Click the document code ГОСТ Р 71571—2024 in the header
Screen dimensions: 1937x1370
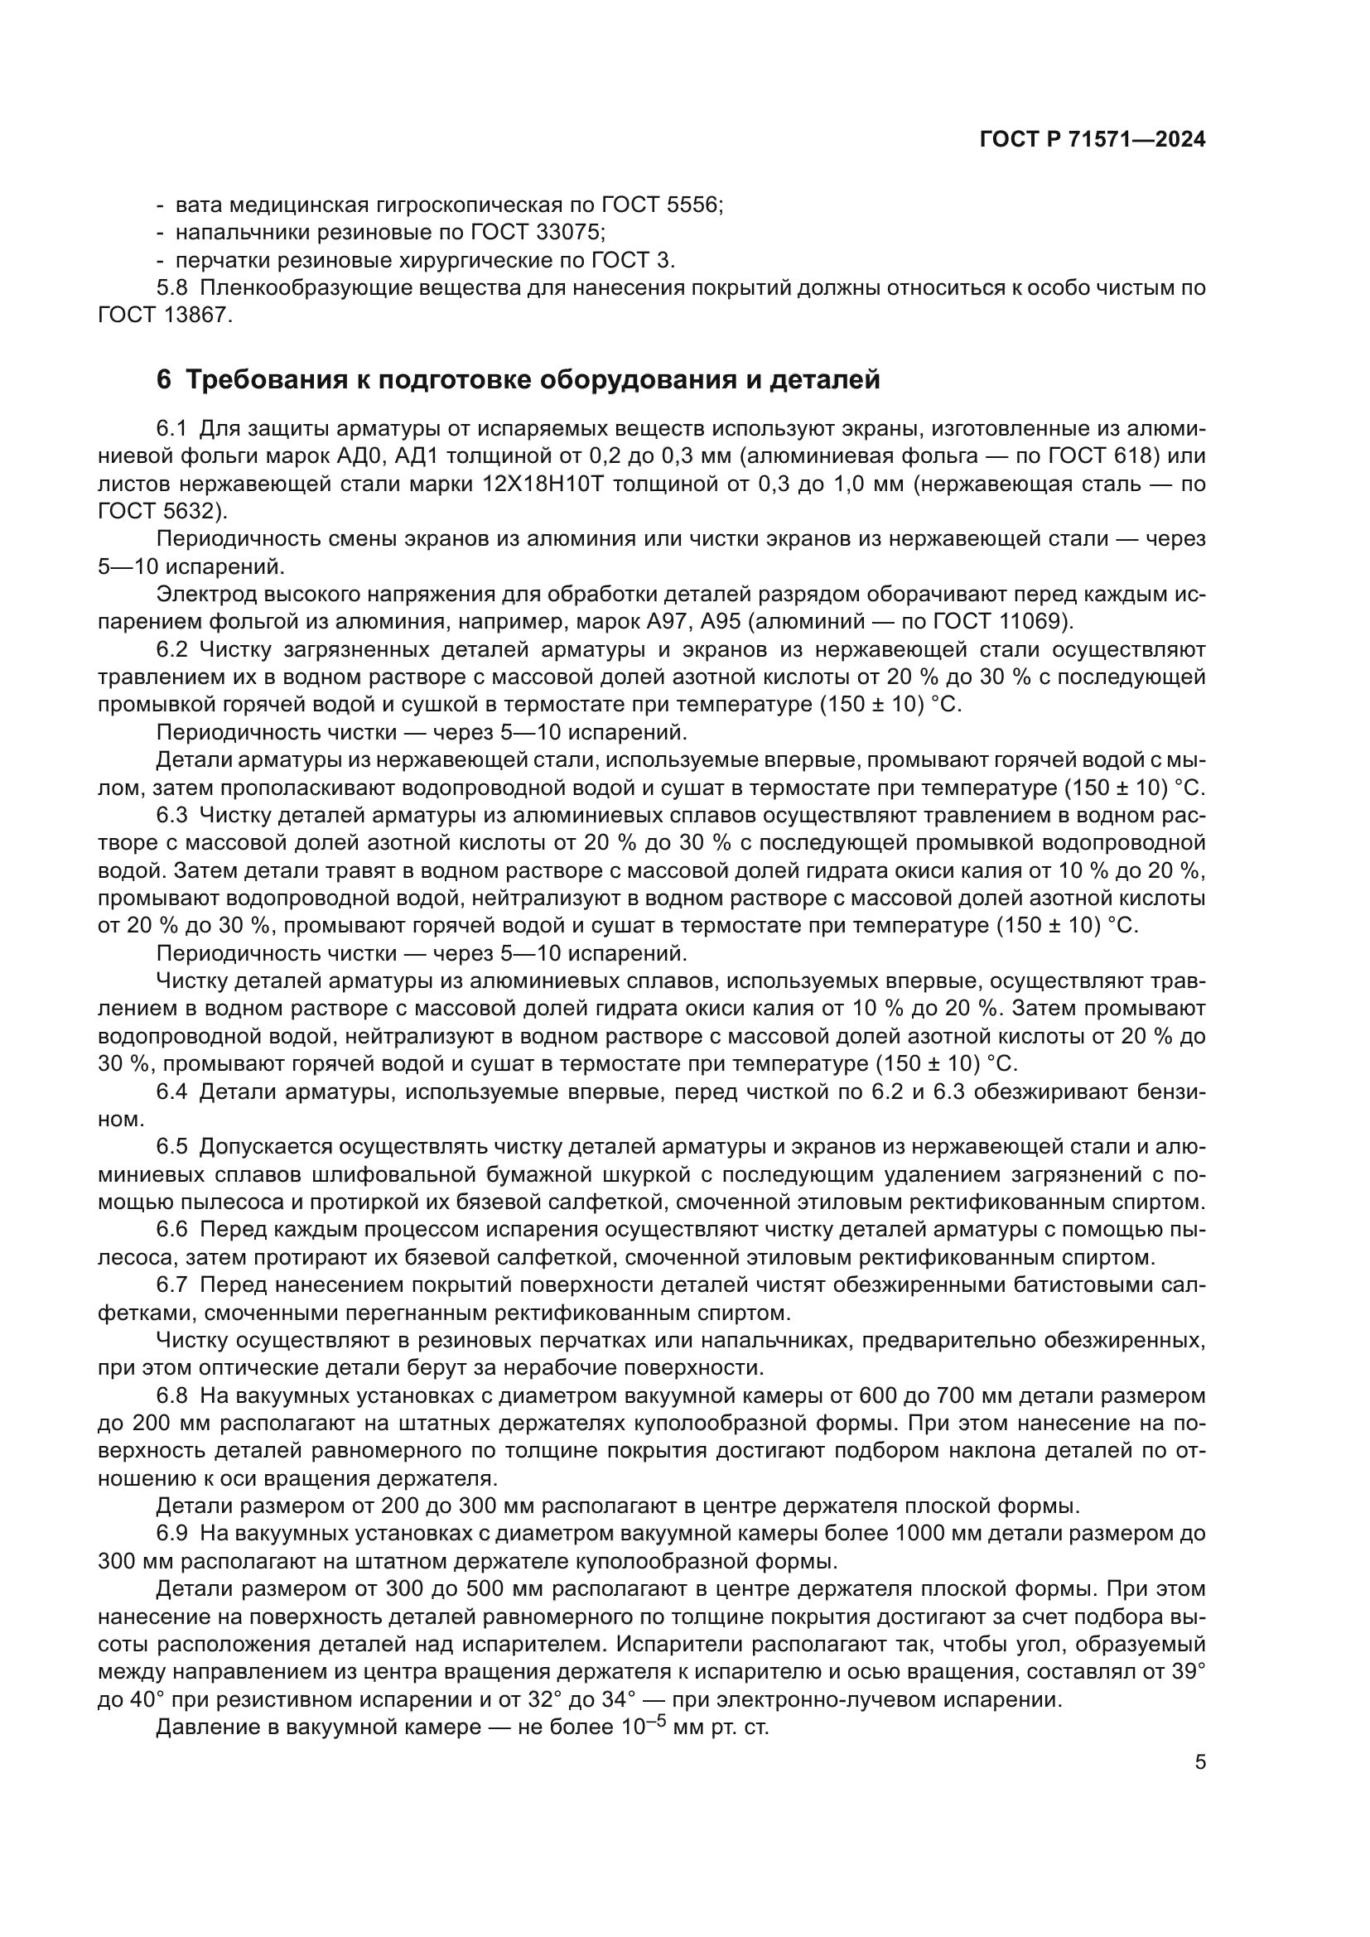click(1093, 140)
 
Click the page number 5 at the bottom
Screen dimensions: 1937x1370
click(1200, 1762)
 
